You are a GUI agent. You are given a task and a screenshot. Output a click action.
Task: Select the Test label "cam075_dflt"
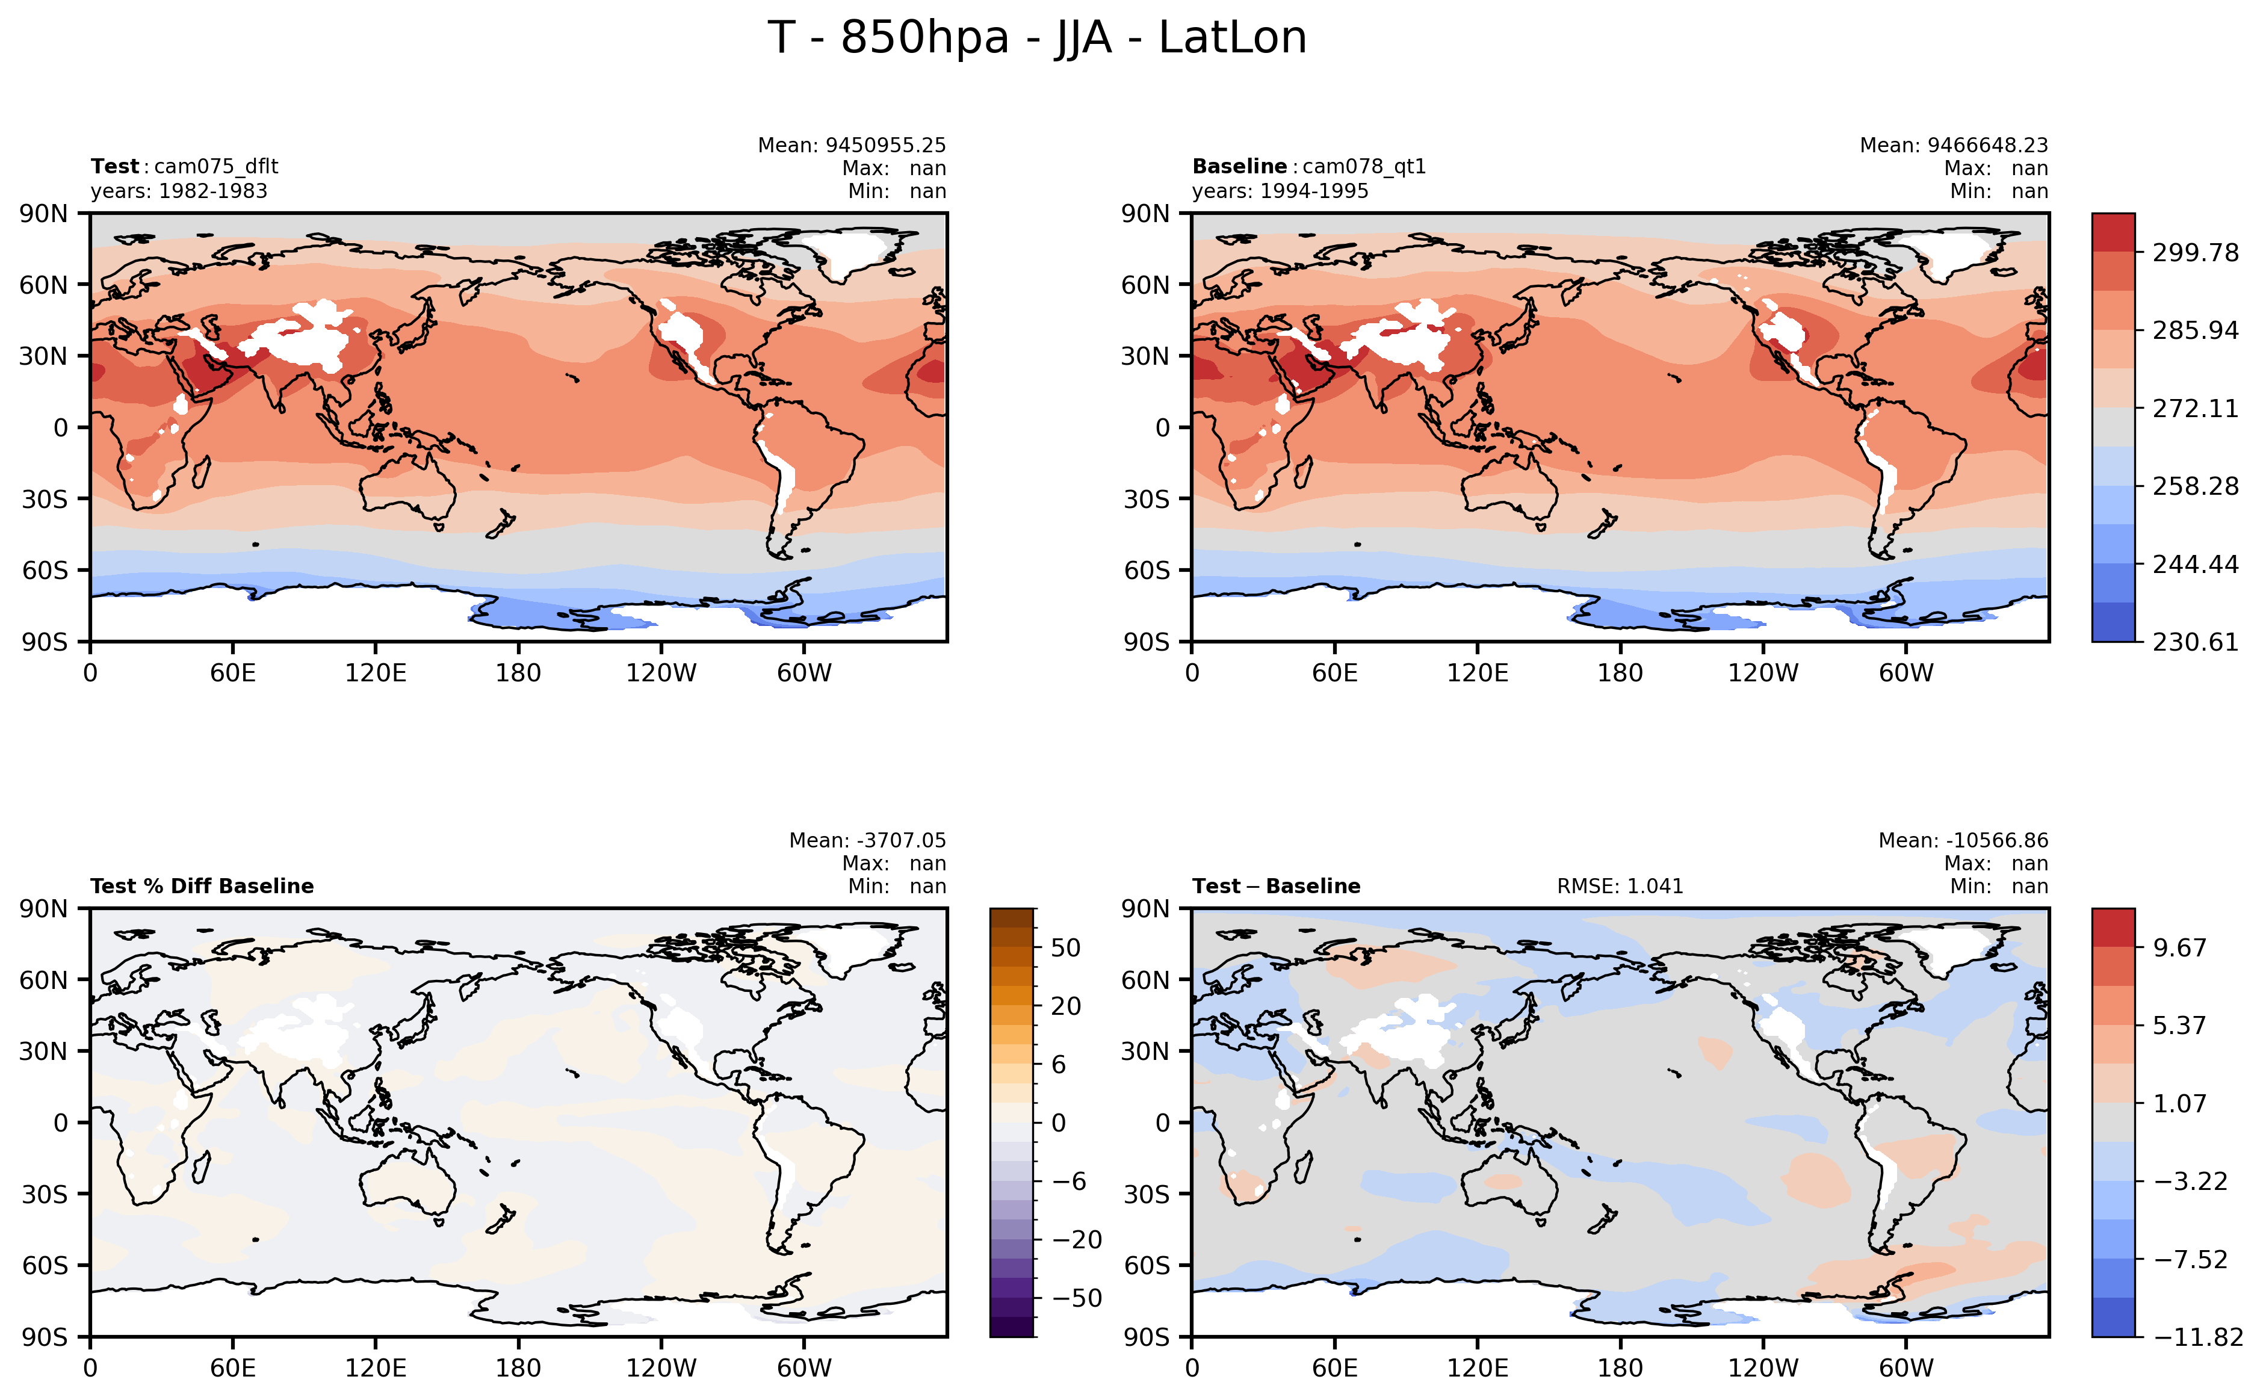[215, 167]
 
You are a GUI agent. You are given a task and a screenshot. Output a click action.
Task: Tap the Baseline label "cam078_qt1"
[1364, 167]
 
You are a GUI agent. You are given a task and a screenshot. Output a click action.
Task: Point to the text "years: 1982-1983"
[179, 191]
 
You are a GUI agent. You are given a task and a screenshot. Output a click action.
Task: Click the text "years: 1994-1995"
[1280, 191]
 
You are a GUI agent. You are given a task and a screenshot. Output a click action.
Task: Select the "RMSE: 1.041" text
[1620, 886]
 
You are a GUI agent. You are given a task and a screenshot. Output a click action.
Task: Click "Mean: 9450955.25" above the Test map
[852, 146]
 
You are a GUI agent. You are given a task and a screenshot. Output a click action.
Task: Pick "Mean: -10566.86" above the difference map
[1963, 841]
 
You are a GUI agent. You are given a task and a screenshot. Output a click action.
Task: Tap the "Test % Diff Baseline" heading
[202, 886]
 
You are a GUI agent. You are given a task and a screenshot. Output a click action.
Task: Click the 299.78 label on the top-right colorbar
[2194, 253]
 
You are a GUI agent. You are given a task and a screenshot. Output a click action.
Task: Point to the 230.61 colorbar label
[2194, 642]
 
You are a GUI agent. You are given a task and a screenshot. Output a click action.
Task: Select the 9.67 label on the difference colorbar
[2180, 948]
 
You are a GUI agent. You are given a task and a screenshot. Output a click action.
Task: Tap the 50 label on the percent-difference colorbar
[1066, 948]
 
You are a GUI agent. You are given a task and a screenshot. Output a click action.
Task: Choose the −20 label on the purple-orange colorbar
[1076, 1240]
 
